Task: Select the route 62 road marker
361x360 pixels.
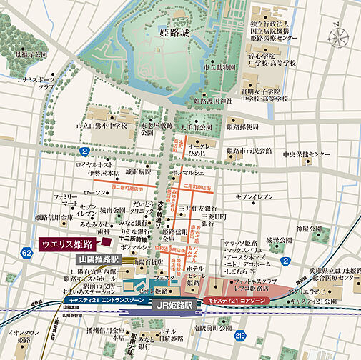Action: click(x=27, y=253)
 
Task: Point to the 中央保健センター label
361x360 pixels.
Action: click(x=304, y=154)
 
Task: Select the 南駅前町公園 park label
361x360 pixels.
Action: click(x=202, y=328)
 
